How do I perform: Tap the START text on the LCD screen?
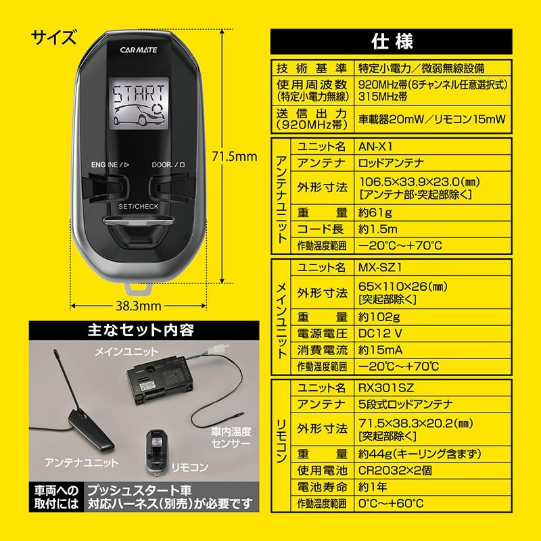[x=140, y=95]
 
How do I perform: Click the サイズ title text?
[x=53, y=35]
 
